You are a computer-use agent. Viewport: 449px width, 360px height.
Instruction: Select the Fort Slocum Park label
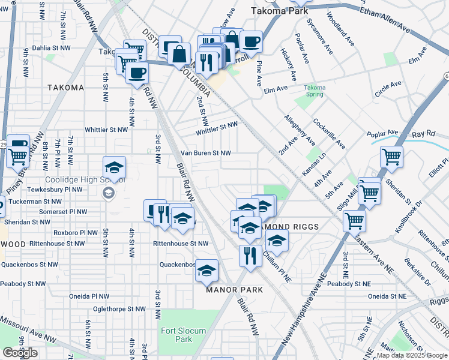[183, 335]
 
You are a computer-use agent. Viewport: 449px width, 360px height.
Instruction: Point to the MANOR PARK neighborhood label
[235, 290]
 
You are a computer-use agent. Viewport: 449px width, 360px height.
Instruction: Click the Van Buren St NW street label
[206, 153]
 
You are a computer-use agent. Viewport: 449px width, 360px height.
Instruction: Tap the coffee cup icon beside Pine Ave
[252, 42]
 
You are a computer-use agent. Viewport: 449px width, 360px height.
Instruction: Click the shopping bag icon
[179, 53]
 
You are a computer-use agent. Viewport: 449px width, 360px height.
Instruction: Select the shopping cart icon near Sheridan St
[391, 157]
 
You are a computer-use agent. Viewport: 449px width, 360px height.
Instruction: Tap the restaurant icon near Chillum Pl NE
[250, 255]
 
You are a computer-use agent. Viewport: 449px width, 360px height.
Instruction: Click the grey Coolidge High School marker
[109, 193]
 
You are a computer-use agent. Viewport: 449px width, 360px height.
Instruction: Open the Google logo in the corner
[20, 353]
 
